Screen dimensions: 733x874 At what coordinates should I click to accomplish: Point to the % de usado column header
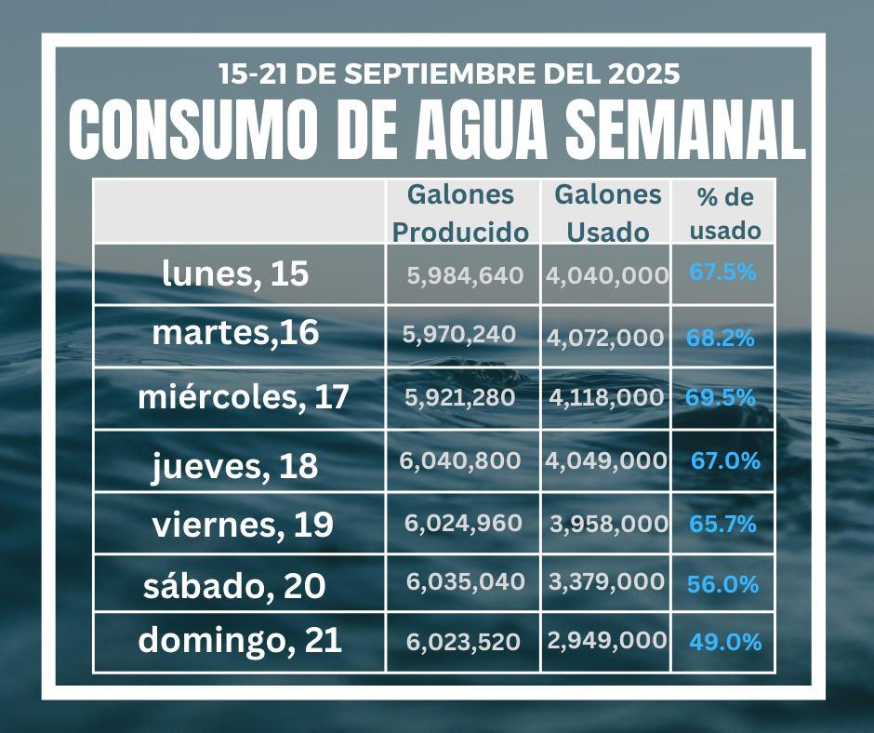click(x=725, y=213)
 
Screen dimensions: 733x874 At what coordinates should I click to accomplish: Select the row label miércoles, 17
click(x=244, y=397)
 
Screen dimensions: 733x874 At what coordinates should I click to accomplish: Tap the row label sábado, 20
click(x=234, y=586)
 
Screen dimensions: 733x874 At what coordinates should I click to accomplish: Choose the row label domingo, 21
click(x=241, y=640)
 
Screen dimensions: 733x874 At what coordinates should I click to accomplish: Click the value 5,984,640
click(x=465, y=275)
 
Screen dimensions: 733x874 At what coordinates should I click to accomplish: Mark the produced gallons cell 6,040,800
click(x=460, y=460)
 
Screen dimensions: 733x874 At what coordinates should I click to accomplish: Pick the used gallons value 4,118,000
click(x=606, y=397)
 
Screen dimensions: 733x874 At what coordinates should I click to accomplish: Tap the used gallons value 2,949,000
click(x=606, y=640)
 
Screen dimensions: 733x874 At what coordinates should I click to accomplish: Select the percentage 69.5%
click(x=721, y=397)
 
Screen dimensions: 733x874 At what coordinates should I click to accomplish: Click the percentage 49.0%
click(x=726, y=642)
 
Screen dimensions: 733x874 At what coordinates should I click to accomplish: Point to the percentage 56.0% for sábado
click(x=722, y=584)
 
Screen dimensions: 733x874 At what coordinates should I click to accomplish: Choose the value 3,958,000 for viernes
click(x=608, y=524)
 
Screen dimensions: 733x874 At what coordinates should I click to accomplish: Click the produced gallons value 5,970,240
click(x=459, y=335)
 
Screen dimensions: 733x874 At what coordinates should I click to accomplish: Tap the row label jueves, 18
click(x=235, y=466)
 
